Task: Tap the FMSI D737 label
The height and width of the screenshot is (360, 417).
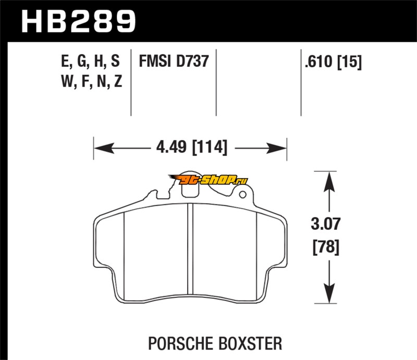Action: [x=174, y=61]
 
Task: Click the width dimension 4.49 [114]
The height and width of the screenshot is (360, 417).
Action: [x=191, y=147]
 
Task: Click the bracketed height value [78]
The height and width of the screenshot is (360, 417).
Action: [x=327, y=247]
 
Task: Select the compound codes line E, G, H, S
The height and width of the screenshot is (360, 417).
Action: [x=90, y=62]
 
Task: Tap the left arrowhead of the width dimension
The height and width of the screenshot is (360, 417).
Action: [x=99, y=148]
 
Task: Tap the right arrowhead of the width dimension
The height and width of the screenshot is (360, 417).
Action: [x=282, y=148]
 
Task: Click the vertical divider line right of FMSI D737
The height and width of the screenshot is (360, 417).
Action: [x=215, y=83]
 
